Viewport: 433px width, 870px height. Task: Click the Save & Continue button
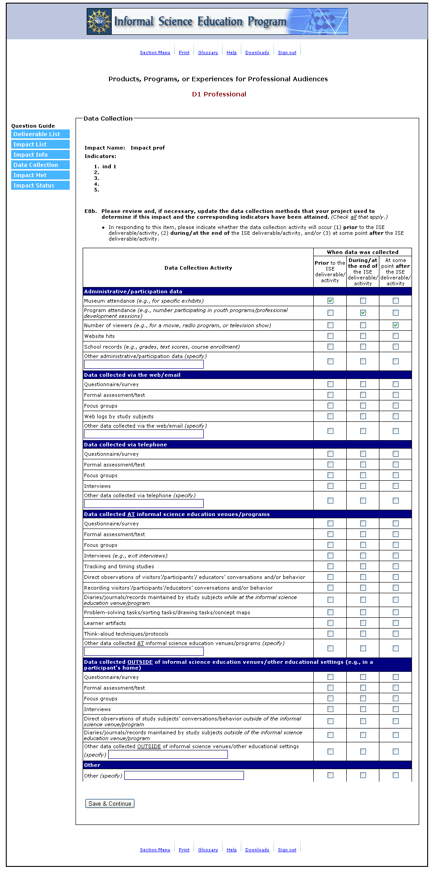tap(110, 803)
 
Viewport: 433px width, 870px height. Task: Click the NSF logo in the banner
tap(99, 21)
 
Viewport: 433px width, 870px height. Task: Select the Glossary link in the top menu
tap(208, 53)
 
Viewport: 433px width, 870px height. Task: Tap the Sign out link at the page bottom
tap(287, 850)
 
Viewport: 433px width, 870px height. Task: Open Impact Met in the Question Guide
tap(40, 175)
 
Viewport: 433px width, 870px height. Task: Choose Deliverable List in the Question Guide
tap(40, 134)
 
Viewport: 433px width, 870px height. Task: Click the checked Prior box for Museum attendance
tap(330, 301)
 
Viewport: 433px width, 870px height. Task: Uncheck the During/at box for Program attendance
tap(363, 313)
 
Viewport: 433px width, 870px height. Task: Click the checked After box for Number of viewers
tap(395, 325)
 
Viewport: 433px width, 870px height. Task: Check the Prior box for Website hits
tap(330, 336)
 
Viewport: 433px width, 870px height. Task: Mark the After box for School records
tap(395, 347)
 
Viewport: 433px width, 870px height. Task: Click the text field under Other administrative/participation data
tap(144, 364)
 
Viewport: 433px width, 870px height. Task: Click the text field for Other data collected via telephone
tap(144, 504)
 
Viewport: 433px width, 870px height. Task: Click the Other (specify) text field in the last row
tap(184, 775)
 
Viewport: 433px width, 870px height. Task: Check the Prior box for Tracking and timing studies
tap(330, 566)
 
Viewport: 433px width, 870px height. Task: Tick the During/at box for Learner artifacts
tap(363, 623)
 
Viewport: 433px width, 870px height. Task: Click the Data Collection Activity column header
tap(198, 268)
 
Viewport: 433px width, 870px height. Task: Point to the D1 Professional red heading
tap(219, 94)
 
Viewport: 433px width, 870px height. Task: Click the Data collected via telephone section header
tap(126, 445)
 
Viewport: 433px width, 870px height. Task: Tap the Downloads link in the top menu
tap(257, 53)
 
